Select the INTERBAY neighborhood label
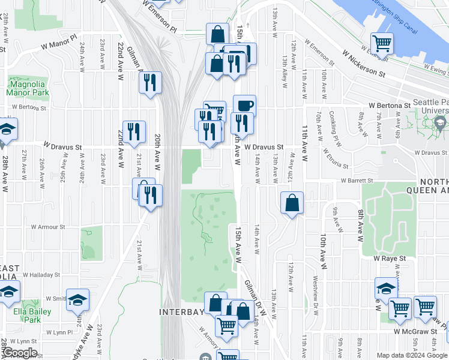(179, 312)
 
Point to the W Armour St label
(47, 227)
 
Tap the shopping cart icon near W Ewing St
(382, 43)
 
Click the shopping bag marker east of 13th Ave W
(291, 203)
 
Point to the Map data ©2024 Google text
(411, 355)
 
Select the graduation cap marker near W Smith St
(77, 299)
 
